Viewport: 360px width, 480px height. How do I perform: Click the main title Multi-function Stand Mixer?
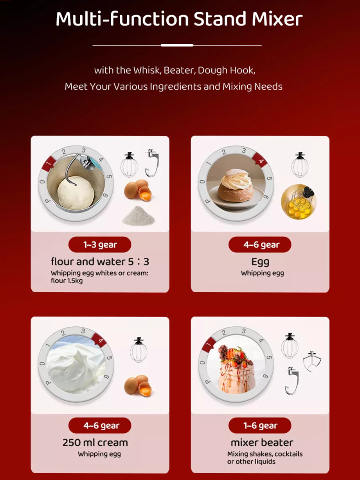(179, 19)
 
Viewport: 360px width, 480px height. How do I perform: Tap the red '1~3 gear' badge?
(100, 245)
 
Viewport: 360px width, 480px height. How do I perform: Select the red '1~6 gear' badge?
(260, 426)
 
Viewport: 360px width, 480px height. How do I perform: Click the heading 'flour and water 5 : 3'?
(100, 261)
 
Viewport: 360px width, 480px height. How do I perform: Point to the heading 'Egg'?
(260, 262)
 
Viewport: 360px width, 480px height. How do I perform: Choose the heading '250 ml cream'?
(95, 442)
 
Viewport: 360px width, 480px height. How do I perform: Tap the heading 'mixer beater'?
(262, 442)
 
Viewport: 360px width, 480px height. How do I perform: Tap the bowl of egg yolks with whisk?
(299, 202)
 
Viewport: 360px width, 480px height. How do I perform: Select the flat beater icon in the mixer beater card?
(312, 362)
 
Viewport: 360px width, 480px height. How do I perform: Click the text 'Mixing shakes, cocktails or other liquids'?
(265, 458)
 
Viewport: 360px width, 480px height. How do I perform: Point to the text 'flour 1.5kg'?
(67, 280)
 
